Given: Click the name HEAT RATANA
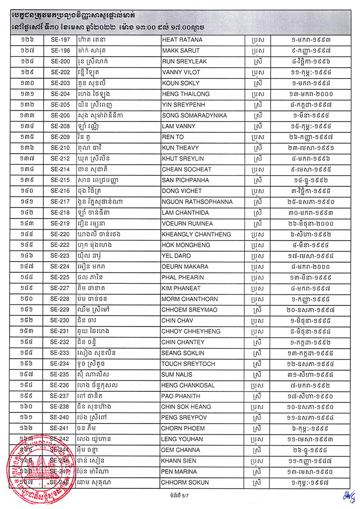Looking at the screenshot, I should pyautogui.click(x=183, y=39).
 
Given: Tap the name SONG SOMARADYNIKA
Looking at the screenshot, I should pyautogui.click(x=195, y=115).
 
